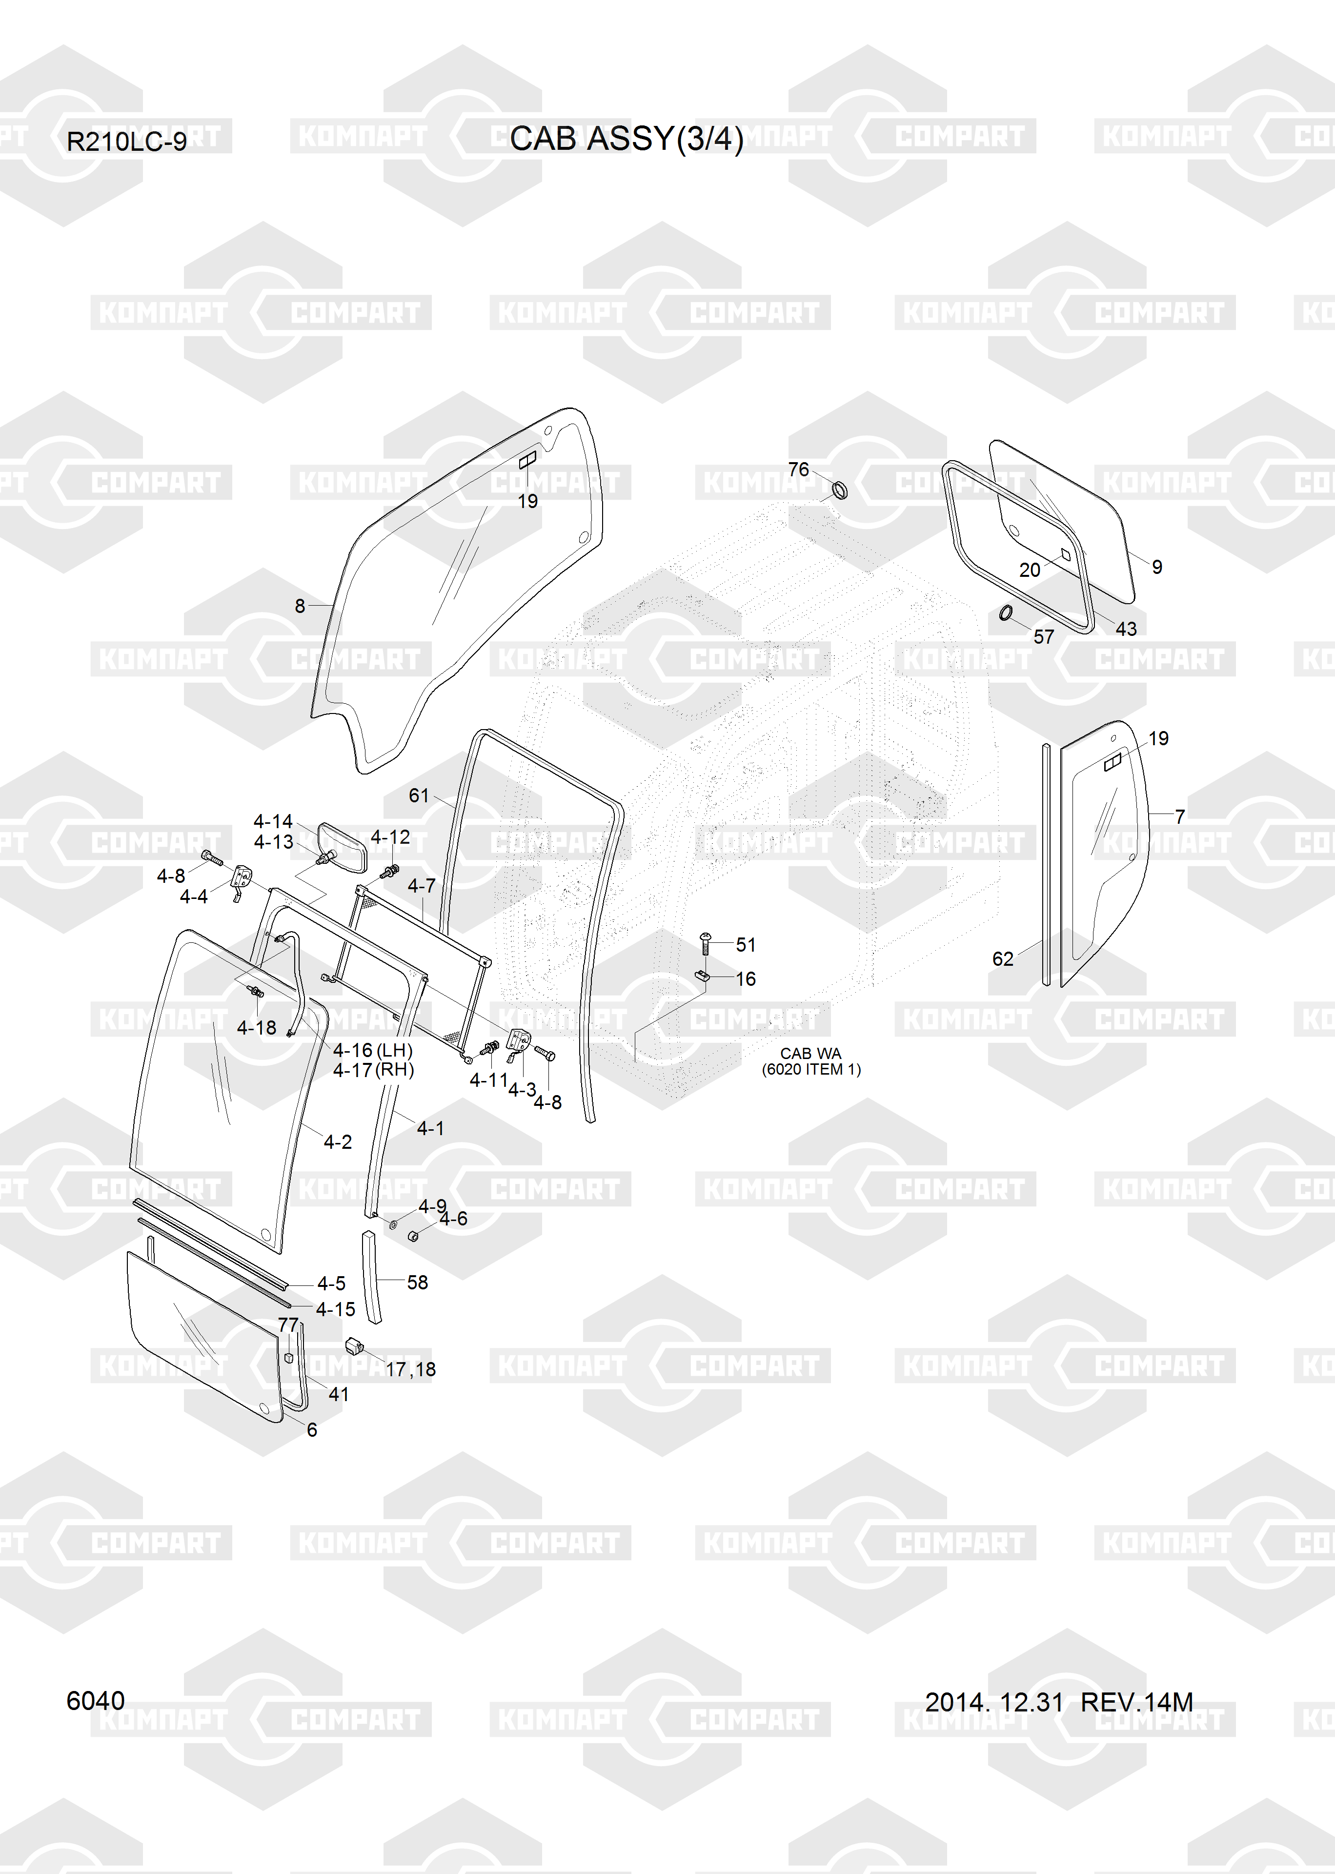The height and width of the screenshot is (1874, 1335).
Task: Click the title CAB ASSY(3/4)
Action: (x=627, y=139)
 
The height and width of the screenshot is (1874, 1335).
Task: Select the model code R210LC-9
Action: (x=126, y=142)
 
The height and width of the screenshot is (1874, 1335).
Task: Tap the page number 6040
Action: (x=95, y=1701)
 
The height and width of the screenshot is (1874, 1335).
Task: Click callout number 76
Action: (x=798, y=469)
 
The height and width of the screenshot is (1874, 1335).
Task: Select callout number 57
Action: (x=1043, y=636)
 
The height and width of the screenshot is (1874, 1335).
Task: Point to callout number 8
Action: (x=300, y=606)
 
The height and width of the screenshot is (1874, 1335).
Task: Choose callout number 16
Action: (x=746, y=979)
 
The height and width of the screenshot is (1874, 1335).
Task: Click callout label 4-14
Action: (x=273, y=821)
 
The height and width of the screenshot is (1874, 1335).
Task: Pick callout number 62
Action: (x=1003, y=958)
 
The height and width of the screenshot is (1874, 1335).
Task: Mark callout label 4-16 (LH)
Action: (x=372, y=1050)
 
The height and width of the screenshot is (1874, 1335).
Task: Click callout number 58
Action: (x=418, y=1282)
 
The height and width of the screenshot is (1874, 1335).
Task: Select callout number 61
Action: (x=419, y=795)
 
